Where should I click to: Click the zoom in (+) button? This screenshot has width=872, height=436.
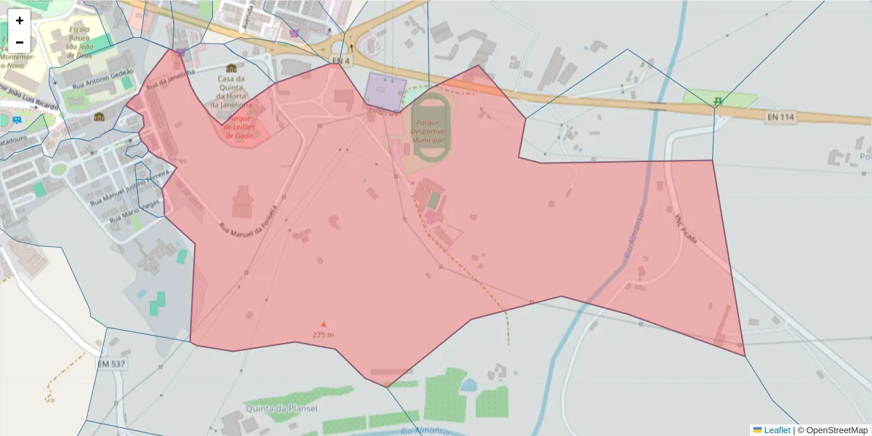pyautogui.click(x=20, y=20)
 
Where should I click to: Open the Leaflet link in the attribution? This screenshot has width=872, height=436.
pyautogui.click(x=777, y=430)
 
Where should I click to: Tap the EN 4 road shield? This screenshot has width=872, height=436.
pyautogui.click(x=340, y=59)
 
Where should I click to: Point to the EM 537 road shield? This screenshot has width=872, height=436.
pyautogui.click(x=111, y=363)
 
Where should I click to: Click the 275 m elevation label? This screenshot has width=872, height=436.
pyautogui.click(x=323, y=335)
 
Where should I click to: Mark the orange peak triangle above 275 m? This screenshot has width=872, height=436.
pyautogui.click(x=323, y=324)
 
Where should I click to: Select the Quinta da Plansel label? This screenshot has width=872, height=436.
pyautogui.click(x=282, y=408)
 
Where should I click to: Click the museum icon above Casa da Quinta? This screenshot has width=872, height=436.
pyautogui.click(x=231, y=68)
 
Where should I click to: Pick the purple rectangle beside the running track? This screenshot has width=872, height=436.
pyautogui.click(x=386, y=92)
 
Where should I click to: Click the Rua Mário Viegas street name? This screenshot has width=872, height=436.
pyautogui.click(x=134, y=210)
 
